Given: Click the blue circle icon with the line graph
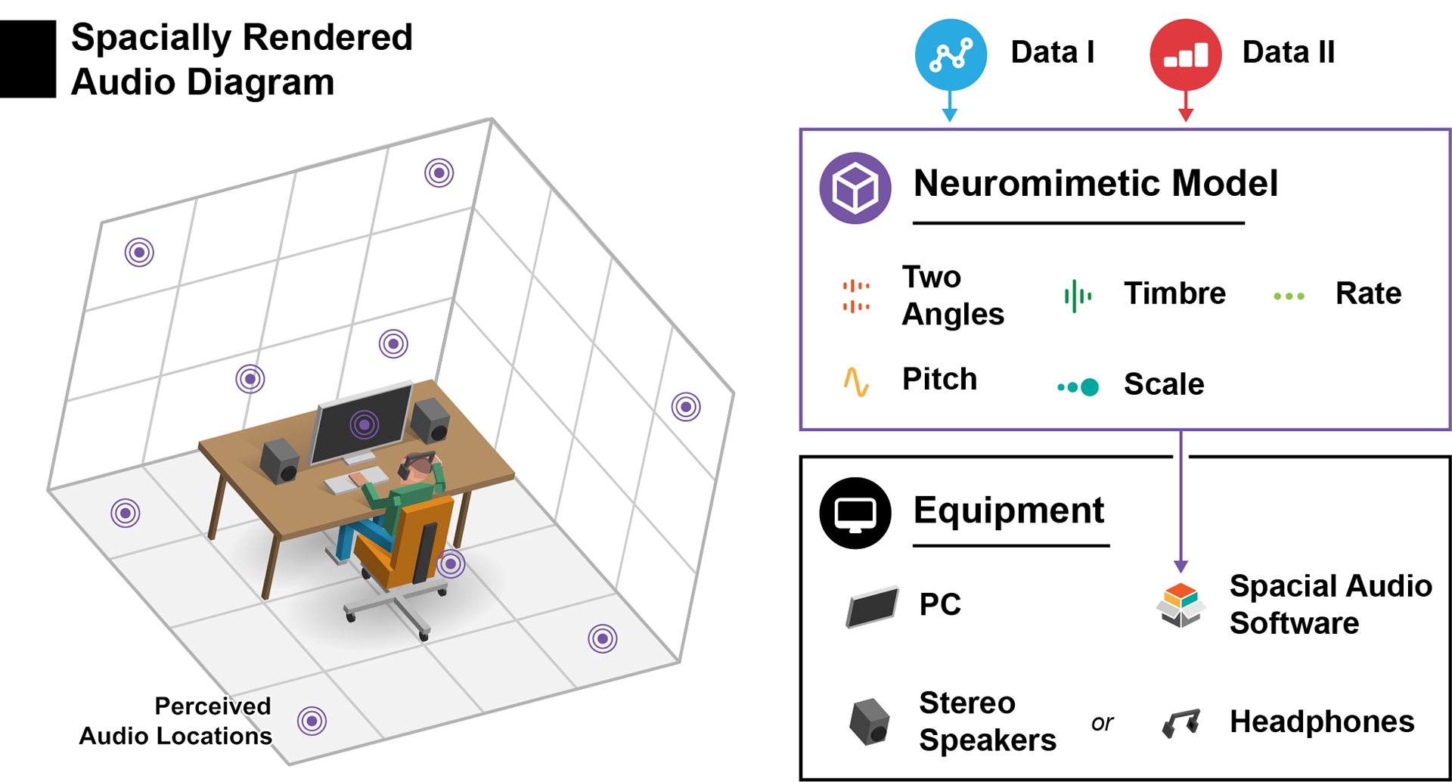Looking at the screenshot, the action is click(x=951, y=55).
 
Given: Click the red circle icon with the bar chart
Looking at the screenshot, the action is click(x=1185, y=55).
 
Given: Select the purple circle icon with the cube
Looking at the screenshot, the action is click(x=855, y=188).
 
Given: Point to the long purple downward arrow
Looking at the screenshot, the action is click(x=1181, y=499).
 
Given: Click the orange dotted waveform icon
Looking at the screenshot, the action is click(x=856, y=296).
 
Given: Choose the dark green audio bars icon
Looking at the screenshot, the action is click(x=1077, y=296).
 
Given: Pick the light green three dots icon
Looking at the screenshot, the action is click(x=1289, y=296).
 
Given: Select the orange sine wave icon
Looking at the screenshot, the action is click(x=856, y=382).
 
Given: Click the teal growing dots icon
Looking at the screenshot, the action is click(x=1078, y=387).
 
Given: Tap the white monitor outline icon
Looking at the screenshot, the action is click(x=855, y=515).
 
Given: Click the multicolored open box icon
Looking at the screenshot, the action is click(x=1181, y=604).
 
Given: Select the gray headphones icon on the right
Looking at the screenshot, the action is click(x=1181, y=723).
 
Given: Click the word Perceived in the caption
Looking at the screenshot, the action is click(x=212, y=706).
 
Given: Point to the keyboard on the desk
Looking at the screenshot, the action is click(x=355, y=480).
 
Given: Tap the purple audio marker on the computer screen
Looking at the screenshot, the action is click(x=365, y=425).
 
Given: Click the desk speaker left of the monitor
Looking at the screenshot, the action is click(x=279, y=461).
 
